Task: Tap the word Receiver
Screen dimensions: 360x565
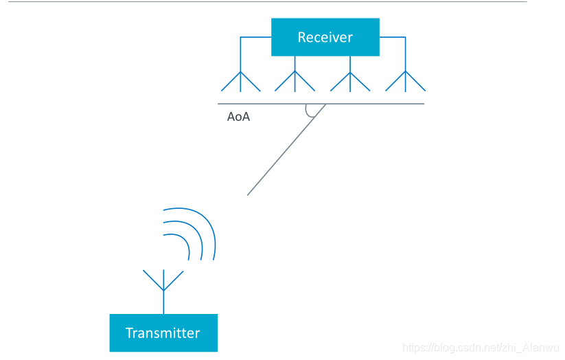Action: click(325, 37)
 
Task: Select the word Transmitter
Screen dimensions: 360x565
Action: click(163, 333)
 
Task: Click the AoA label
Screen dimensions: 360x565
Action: click(238, 117)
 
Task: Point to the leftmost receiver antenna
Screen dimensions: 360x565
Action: click(240, 81)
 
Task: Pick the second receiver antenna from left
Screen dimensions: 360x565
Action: click(295, 81)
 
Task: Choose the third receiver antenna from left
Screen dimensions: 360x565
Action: click(350, 81)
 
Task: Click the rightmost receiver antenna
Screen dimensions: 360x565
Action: click(405, 81)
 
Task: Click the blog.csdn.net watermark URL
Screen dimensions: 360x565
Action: click(480, 348)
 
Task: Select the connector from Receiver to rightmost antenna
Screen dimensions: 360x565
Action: click(394, 37)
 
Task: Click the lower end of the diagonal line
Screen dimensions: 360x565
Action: click(249, 194)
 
